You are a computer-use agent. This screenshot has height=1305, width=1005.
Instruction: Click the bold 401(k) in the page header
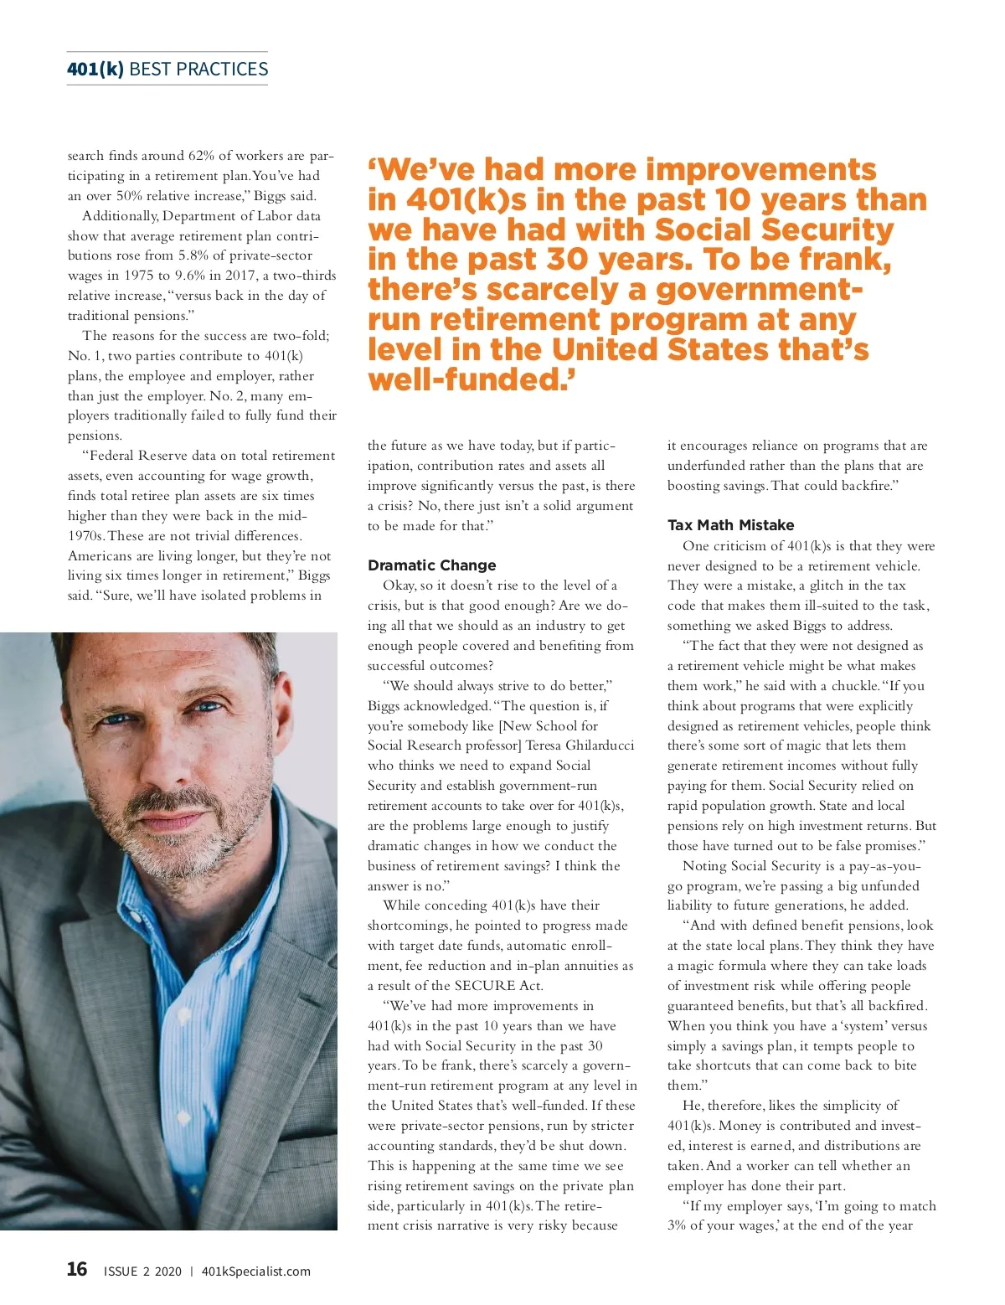click(x=95, y=70)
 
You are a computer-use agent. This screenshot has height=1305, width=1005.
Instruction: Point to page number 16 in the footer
click(x=76, y=1270)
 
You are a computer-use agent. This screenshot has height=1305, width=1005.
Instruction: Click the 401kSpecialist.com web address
click(x=255, y=1271)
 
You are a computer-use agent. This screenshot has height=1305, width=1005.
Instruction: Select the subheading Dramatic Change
click(x=431, y=565)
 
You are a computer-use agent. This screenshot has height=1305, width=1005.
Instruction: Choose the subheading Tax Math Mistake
click(x=730, y=525)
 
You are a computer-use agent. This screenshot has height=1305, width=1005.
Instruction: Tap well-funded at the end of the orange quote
click(x=463, y=379)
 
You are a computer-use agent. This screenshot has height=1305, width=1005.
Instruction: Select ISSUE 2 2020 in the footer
click(x=142, y=1271)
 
